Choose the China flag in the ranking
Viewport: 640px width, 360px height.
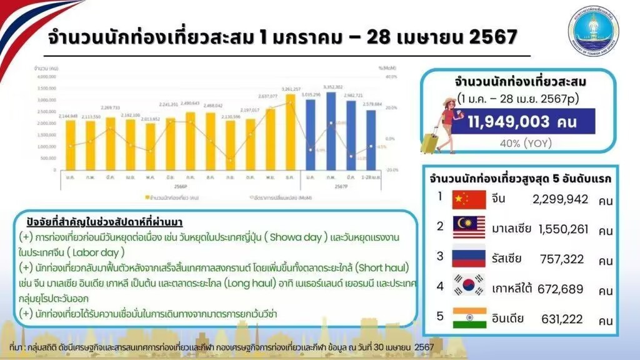click(468, 199)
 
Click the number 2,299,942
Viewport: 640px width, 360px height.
click(561, 200)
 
